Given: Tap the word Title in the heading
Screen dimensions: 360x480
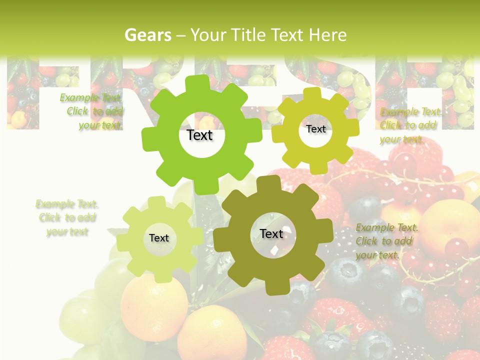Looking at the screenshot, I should pyautogui.click(x=248, y=35).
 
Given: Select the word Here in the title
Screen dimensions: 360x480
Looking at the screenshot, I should pyautogui.click(x=327, y=35).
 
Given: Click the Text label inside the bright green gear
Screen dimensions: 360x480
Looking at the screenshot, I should pyautogui.click(x=199, y=135).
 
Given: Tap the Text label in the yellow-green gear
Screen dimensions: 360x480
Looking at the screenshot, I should pyautogui.click(x=315, y=129).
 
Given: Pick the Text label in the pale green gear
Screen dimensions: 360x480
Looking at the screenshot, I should pyautogui.click(x=159, y=238).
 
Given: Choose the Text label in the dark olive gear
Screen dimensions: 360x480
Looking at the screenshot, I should pyautogui.click(x=271, y=233).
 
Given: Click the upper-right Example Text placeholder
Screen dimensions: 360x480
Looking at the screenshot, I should pyautogui.click(x=410, y=125).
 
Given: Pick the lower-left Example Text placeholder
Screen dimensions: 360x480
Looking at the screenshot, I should pyautogui.click(x=67, y=218).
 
